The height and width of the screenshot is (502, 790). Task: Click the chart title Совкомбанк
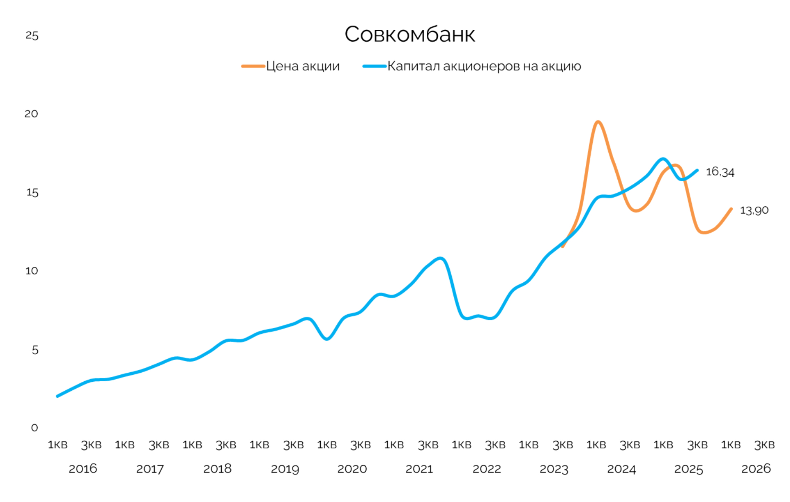(410, 34)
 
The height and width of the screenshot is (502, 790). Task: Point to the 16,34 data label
(720, 172)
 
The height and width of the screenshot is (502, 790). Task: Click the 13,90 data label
(754, 211)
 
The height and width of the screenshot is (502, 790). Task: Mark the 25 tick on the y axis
(32, 36)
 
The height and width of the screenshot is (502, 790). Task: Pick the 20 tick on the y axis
(32, 114)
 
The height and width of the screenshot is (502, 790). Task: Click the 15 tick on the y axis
(32, 193)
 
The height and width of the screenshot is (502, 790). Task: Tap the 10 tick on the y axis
(32, 271)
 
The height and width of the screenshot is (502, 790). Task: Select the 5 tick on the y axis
(35, 350)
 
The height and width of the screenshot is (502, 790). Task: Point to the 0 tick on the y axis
(35, 428)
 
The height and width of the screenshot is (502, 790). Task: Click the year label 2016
(83, 469)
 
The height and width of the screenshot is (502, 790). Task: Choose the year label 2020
(352, 469)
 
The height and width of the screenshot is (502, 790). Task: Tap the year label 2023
(554, 469)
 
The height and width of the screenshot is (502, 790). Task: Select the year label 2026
(756, 469)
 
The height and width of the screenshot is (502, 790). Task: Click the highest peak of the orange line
(598, 122)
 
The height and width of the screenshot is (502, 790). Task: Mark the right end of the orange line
(731, 209)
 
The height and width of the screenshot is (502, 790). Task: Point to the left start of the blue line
(57, 396)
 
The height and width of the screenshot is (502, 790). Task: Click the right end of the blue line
(697, 171)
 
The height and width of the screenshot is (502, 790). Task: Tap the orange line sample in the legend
(253, 66)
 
